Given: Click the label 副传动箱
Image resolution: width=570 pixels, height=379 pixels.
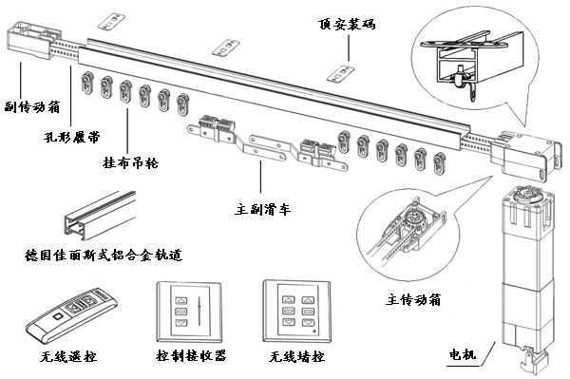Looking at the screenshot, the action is tap(32, 106).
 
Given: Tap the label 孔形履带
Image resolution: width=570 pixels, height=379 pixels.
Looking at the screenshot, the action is tap(71, 137).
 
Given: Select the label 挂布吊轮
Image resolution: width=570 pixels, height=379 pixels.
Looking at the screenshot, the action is tap(130, 162).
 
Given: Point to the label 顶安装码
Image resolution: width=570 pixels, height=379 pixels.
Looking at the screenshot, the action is tap(347, 24).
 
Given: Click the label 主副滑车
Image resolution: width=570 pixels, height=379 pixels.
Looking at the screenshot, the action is tap(262, 209).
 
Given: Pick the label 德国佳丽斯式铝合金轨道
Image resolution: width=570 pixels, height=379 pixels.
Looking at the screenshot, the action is tap(104, 255).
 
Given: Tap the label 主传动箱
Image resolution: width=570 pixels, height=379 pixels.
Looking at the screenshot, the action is tap(413, 300).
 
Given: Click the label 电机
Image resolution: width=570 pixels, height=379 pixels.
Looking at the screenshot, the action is tap(463, 354).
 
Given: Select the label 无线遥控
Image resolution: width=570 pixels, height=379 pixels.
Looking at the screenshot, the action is tap(68, 356).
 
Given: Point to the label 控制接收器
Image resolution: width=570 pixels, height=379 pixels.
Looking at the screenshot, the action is tap(191, 355).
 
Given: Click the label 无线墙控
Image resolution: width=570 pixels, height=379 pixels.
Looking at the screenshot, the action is tap(296, 356).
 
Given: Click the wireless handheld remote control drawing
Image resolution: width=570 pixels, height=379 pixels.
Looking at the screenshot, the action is tap(71, 314).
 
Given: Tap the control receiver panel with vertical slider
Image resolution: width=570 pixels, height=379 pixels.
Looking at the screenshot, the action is tap(189, 313).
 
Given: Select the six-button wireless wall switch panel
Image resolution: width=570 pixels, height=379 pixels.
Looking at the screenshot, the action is tap(297, 311).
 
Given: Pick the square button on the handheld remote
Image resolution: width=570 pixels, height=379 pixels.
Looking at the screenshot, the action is tap(57, 316).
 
